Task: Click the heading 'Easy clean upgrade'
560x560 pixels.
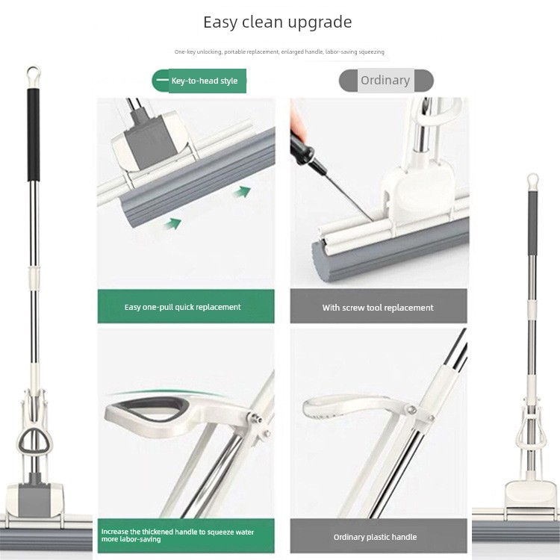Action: [278, 22]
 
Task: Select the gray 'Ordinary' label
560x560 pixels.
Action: [386, 81]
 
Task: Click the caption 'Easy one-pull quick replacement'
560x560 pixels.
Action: [182, 307]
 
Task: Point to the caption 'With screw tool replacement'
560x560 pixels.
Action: [378, 308]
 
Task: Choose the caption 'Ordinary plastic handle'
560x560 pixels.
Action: [375, 537]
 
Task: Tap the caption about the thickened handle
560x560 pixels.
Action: [178, 535]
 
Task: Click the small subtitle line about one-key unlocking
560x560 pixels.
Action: [279, 52]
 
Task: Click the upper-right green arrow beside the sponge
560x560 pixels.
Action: [243, 192]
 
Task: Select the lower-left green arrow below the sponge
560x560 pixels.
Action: [173, 224]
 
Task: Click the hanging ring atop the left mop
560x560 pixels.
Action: [33, 76]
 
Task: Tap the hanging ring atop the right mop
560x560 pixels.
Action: [532, 182]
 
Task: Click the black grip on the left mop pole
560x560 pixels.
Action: [33, 135]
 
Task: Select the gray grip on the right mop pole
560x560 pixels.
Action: [532, 223]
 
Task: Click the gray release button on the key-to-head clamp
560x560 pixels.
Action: [149, 141]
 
